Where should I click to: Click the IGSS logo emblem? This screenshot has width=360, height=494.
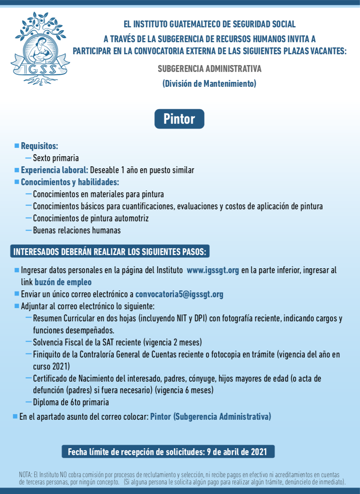point(40,48)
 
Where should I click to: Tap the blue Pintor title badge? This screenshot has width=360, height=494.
point(179,119)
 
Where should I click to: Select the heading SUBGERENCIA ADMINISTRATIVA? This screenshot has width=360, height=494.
point(209,69)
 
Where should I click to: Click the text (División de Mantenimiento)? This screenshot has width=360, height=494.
point(209,84)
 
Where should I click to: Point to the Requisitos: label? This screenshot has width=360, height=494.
point(39,146)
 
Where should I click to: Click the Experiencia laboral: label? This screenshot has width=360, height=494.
point(55,170)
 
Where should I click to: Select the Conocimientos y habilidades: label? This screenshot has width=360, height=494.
point(70,182)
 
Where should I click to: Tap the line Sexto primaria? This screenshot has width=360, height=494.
point(56,158)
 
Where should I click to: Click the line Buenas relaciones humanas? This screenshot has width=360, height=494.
point(77,230)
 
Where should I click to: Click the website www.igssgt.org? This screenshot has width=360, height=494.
point(213,270)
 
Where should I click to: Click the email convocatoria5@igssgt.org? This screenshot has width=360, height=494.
point(179,294)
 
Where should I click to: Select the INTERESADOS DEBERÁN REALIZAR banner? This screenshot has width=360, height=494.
point(110,252)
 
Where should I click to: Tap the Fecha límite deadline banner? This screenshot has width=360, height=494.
point(168,451)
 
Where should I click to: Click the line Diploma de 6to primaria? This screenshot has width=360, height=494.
point(71,402)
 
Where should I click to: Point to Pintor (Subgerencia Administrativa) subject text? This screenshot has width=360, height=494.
point(210,416)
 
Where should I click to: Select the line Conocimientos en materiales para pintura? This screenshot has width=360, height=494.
point(98,194)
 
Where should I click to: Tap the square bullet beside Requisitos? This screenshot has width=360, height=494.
point(17,145)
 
